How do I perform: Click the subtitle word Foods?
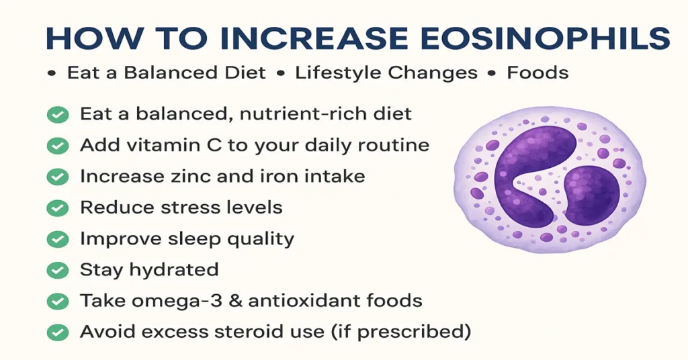[x=537, y=73]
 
